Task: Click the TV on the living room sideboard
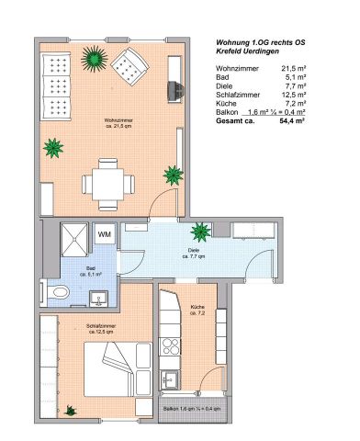pos(172,90)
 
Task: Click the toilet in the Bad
pos(60,291)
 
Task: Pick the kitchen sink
pos(170,378)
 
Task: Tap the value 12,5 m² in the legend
pos(318,95)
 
